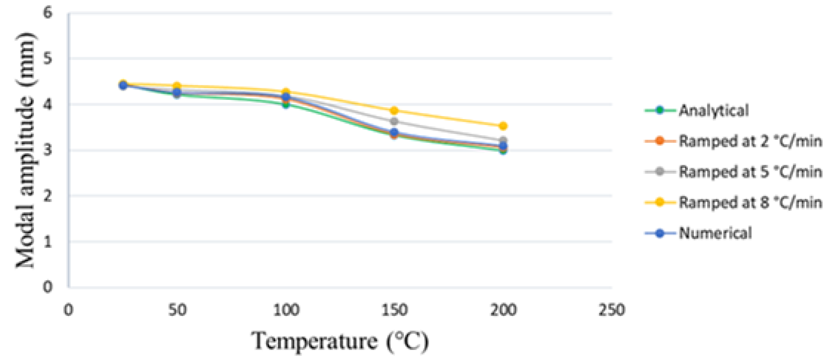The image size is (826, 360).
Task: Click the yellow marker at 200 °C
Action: pyautogui.click(x=503, y=126)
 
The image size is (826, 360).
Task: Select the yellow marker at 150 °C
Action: pyautogui.click(x=394, y=111)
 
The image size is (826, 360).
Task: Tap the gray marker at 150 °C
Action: pyautogui.click(x=394, y=121)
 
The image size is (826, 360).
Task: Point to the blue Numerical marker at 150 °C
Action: pyautogui.click(x=394, y=132)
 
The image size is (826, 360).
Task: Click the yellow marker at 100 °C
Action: pyautogui.click(x=286, y=92)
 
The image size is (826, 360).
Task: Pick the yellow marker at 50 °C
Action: pyautogui.click(x=177, y=86)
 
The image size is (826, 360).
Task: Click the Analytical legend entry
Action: pyautogui.click(x=713, y=111)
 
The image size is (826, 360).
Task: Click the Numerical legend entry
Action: pyautogui.click(x=715, y=233)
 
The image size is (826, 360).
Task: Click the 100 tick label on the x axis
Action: pyautogui.click(x=286, y=310)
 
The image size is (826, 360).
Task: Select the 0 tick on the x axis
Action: pyautogui.click(x=68, y=310)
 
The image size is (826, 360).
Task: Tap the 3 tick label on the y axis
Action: pyautogui.click(x=48, y=150)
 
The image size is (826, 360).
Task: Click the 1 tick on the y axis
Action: pyautogui.click(x=48, y=241)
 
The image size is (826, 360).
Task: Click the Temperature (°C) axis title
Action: pyautogui.click(x=340, y=341)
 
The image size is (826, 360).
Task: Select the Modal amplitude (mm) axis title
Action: pyautogui.click(x=26, y=150)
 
